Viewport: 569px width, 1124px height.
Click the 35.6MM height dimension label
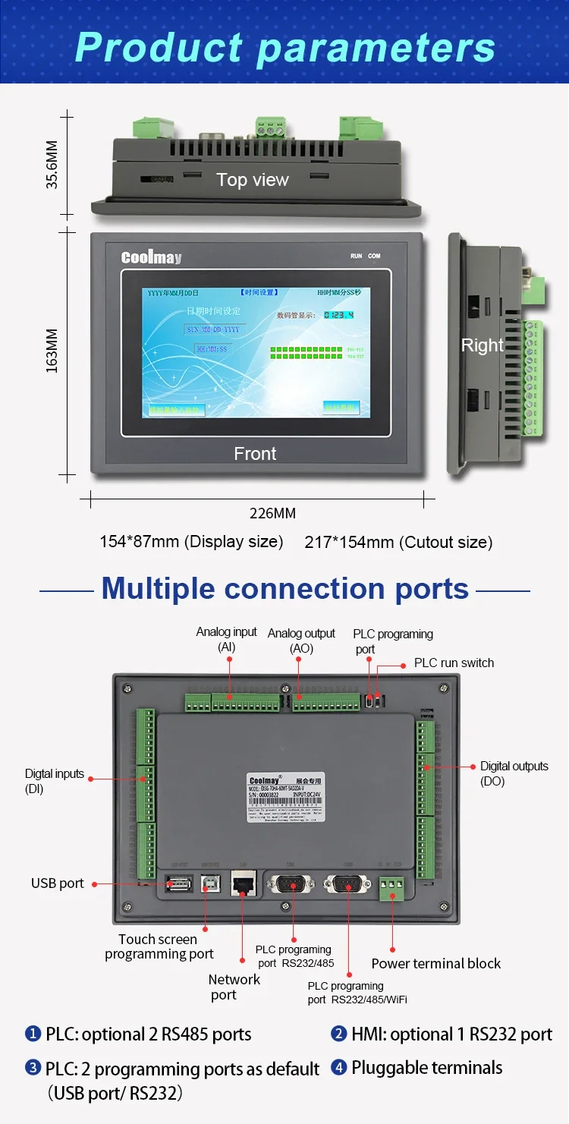tap(52, 163)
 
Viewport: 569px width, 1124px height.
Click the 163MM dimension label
tap(52, 354)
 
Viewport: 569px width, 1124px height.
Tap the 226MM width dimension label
tap(272, 514)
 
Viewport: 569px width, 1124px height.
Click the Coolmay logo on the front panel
tap(151, 257)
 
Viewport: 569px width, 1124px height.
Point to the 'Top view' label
tap(253, 180)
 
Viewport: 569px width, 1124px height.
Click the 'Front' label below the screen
tap(255, 454)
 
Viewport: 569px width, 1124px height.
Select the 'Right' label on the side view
tap(482, 345)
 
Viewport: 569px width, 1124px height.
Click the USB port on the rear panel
tap(178, 883)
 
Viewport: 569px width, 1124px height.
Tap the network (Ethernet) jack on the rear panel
tap(243, 884)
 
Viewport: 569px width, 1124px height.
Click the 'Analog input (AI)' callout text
tap(226, 640)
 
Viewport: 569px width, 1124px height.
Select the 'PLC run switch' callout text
tap(454, 663)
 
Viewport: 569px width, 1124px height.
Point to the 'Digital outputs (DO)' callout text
tap(514, 773)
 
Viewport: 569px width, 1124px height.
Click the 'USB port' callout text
tap(58, 883)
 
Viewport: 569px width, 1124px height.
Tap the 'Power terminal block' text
tap(435, 963)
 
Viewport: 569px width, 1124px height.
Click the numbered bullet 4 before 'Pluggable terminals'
tap(338, 1068)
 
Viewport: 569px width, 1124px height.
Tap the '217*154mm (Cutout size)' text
tap(398, 542)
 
